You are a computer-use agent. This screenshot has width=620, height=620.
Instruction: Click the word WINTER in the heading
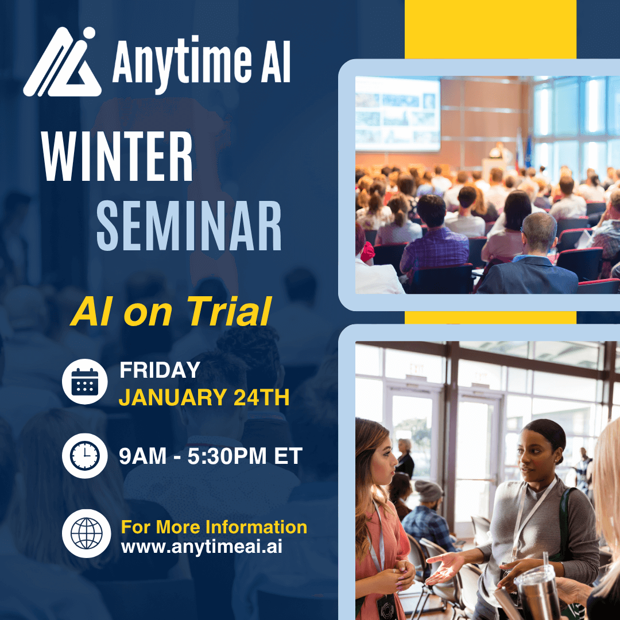tap(117, 157)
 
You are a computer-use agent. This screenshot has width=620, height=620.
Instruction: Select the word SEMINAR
tap(189, 226)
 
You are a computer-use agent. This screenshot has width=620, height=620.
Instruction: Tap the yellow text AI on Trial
tap(171, 312)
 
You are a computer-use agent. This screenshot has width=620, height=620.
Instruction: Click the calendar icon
tap(84, 382)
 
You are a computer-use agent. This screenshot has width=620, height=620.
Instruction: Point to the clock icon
tap(84, 456)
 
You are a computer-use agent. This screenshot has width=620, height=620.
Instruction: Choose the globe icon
tap(86, 533)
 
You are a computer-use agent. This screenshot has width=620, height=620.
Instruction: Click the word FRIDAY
tap(160, 370)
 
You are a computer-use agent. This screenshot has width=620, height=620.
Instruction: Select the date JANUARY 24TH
tap(204, 397)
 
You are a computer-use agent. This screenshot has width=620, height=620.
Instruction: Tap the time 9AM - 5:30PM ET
tap(211, 456)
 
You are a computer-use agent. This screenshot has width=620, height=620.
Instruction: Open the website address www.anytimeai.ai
tap(201, 547)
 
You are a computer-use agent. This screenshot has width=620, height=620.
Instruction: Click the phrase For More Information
tap(214, 527)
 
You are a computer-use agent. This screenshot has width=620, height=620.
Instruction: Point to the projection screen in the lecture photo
tap(398, 114)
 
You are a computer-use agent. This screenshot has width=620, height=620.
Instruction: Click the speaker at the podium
tap(498, 152)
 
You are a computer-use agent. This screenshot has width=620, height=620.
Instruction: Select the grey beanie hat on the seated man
tap(428, 491)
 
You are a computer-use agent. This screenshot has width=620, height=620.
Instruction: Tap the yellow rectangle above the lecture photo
tap(490, 29)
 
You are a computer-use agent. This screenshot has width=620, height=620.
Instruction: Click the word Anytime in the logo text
tap(182, 63)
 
